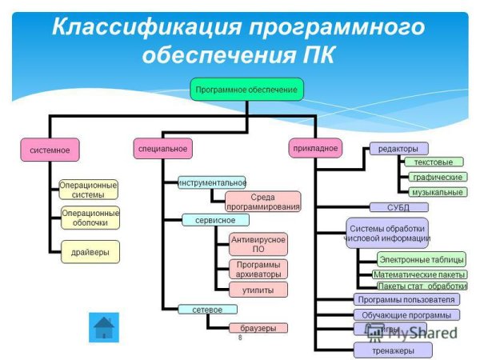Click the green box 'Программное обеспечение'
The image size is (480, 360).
246,90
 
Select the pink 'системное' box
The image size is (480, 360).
50,150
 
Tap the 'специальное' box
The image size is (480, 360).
163,149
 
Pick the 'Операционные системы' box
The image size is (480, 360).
88,190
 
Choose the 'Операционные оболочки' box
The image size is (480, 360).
90,217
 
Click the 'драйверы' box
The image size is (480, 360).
90,251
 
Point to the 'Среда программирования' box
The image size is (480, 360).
263,202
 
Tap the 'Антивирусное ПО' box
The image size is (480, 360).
258,244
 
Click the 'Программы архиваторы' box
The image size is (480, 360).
258,270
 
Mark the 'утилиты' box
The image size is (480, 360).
258,290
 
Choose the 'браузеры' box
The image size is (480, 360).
258,328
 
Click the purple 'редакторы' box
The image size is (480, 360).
398,149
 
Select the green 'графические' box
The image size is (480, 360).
437,177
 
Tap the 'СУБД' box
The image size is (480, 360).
398,207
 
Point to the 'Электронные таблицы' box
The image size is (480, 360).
421,259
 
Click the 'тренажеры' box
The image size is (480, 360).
393,350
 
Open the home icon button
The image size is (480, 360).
103,327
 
